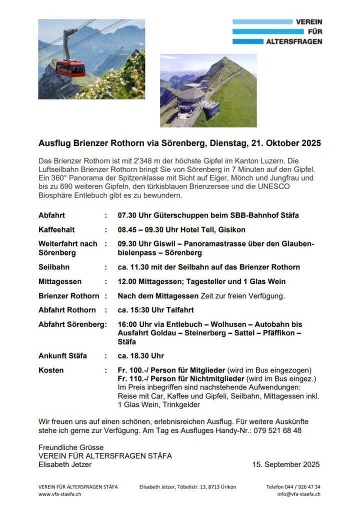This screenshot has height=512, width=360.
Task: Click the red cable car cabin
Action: click(70, 68)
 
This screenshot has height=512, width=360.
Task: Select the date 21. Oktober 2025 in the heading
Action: click(284, 143)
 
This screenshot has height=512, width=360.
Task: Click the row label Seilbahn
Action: click(54, 267)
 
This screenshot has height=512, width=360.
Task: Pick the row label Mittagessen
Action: click(60, 281)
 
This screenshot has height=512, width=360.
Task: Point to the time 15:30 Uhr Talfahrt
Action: click(156, 309)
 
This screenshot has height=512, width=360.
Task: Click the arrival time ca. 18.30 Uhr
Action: click(141, 355)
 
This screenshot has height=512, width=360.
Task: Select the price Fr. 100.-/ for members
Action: click(132, 370)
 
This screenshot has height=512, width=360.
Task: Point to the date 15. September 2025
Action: click(286, 464)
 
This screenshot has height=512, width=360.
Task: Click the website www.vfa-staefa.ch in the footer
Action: click(59, 494)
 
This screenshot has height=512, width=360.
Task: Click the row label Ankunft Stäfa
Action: click(62, 355)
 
